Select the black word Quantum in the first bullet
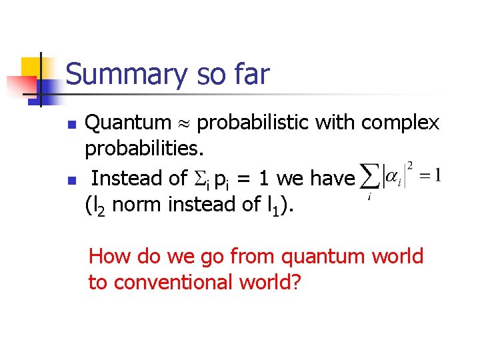(x=128, y=123)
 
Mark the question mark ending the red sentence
(x=297, y=282)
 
